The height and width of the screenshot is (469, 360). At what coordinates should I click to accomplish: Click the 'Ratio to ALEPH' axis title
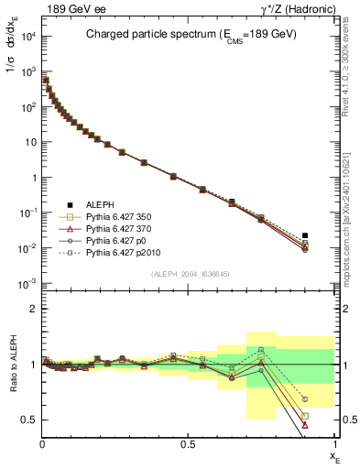coord(12,365)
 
